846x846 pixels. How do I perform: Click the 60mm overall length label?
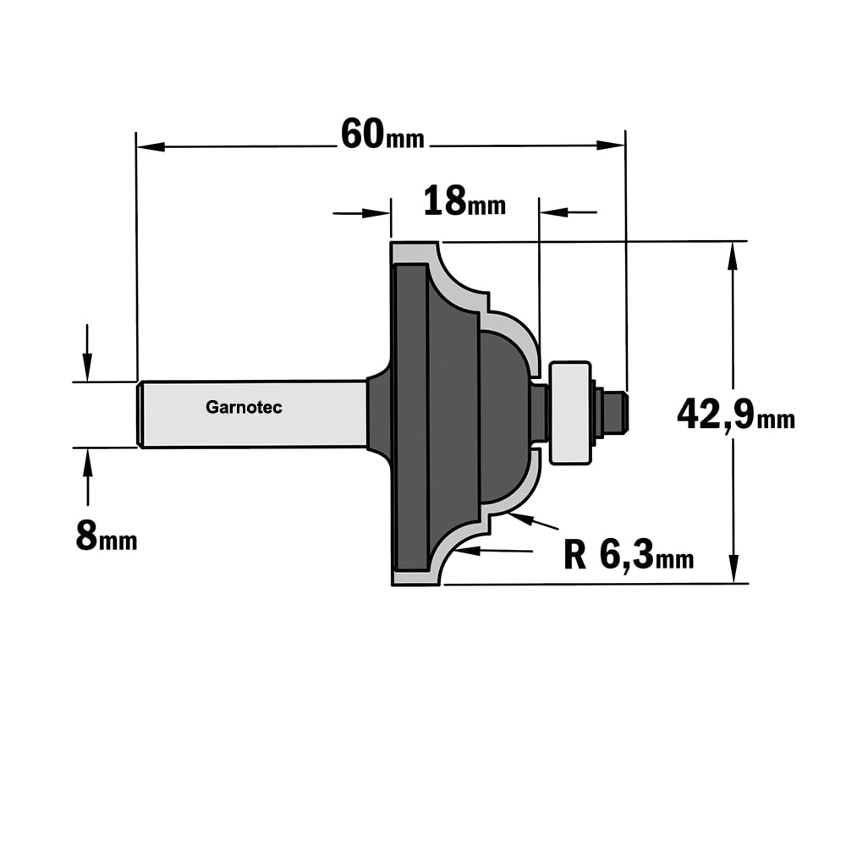(x=382, y=135)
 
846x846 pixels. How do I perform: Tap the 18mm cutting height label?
(x=464, y=201)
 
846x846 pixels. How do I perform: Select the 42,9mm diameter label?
(x=736, y=415)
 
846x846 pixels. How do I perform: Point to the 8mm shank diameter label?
(x=107, y=536)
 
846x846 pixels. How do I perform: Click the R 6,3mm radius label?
(x=629, y=555)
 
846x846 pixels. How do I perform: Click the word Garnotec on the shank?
(x=244, y=408)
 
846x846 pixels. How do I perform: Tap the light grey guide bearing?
(x=569, y=413)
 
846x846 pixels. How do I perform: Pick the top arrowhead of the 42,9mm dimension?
(x=732, y=255)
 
